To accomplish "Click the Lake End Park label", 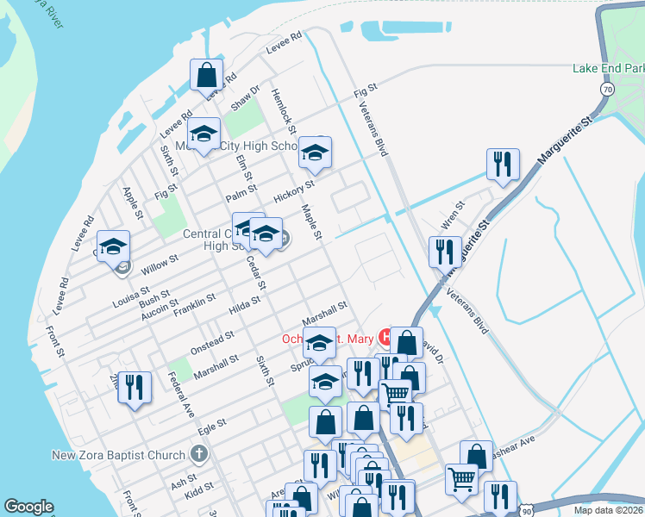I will (608, 69).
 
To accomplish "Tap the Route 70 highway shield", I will (608, 89).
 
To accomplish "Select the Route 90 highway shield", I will (526, 509).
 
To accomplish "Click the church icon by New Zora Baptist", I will (198, 454).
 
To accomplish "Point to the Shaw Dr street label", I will (245, 99).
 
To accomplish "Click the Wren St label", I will (453, 217).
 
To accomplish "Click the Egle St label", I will (211, 425).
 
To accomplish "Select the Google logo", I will (28, 507).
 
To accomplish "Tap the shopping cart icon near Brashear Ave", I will (462, 480).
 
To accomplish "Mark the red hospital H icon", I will (385, 337).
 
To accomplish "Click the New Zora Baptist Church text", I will (118, 455).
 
